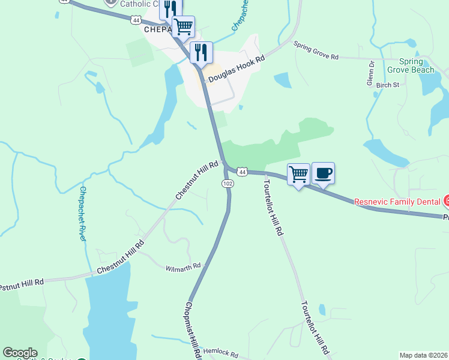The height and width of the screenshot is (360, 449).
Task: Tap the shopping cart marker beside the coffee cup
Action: (x=298, y=175)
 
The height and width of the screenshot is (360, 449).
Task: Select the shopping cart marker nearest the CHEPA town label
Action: (x=183, y=27)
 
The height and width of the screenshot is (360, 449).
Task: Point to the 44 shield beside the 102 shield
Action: (x=242, y=172)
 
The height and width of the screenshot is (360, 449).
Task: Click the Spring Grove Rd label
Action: (x=316, y=50)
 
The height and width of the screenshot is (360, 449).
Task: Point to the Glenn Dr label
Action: (x=370, y=73)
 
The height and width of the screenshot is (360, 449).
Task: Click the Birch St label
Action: (x=387, y=85)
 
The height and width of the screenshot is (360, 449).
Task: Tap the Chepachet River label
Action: (x=83, y=214)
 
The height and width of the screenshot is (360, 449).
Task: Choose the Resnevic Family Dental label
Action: (x=397, y=202)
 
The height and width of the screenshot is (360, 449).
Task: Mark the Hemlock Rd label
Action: (x=221, y=354)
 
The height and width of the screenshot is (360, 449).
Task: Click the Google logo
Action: (x=20, y=353)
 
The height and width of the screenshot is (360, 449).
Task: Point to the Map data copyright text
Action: (x=424, y=355)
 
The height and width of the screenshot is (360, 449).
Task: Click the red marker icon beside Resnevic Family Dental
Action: (x=447, y=200)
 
